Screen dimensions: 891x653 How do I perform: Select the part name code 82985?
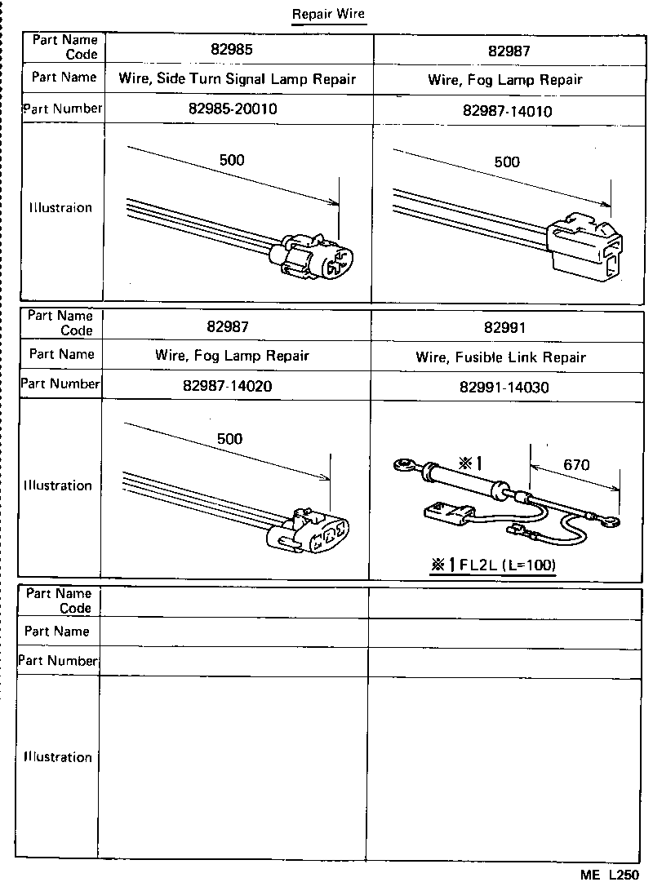pos(231,49)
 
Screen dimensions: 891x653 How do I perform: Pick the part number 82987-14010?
pos(506,111)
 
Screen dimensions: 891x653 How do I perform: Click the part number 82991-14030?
pos(504,388)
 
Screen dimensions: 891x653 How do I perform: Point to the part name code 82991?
pos(504,328)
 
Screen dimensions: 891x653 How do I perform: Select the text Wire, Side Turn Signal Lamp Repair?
pos(237,79)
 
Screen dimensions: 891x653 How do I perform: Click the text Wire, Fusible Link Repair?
pos(500,357)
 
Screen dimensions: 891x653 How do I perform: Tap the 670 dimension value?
pos(575,466)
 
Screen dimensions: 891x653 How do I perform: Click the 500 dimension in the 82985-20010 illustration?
pos(232,160)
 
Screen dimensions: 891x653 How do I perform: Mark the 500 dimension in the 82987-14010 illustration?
pos(507,162)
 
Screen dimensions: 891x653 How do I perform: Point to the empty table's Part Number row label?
pos(58,660)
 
